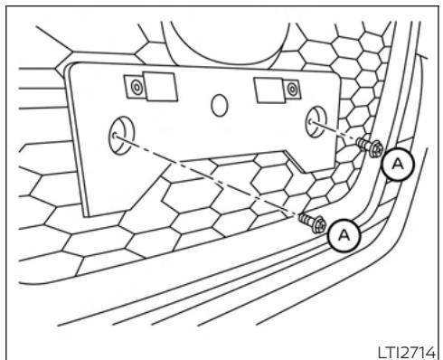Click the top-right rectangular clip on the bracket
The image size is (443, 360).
click(x=269, y=89)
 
